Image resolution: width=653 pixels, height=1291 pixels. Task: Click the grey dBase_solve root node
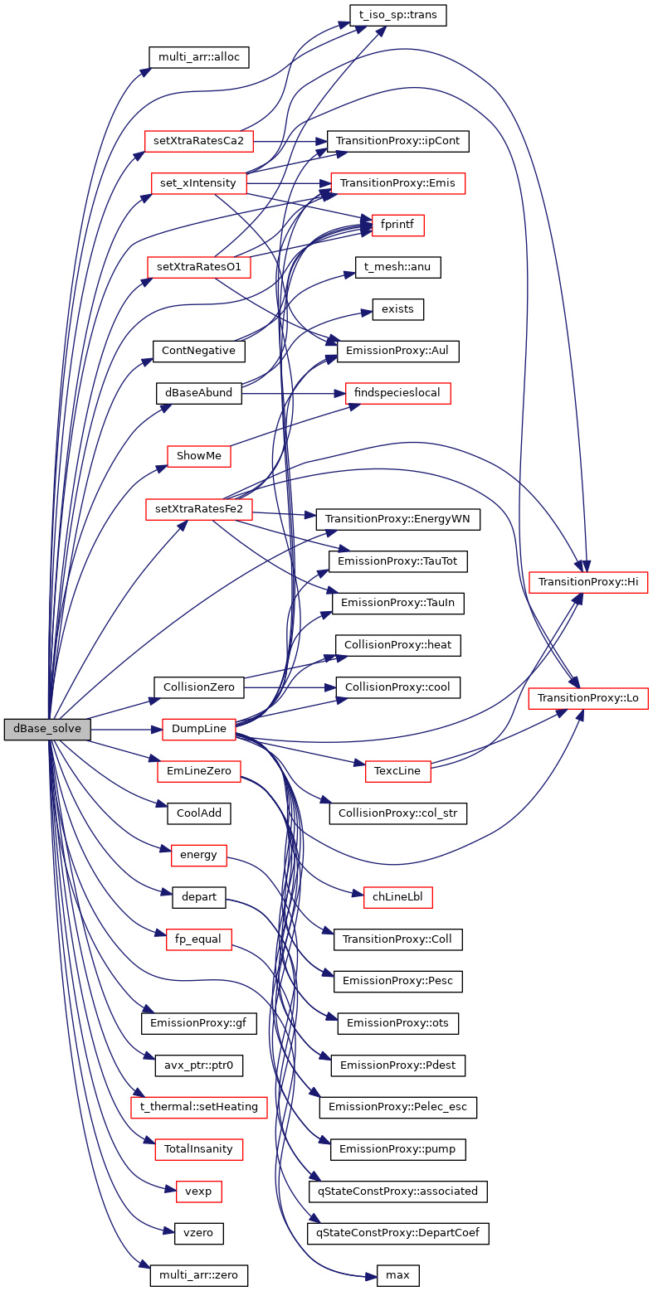[x=47, y=730]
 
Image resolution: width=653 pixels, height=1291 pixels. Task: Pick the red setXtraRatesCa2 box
[x=199, y=140]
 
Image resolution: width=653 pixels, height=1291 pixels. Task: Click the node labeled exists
[x=397, y=309]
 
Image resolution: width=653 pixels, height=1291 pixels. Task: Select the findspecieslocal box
[x=397, y=393]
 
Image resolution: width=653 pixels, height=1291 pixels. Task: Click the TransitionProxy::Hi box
[x=588, y=583]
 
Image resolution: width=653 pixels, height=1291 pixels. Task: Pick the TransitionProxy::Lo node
[x=588, y=698]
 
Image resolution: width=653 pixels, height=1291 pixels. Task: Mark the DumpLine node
[x=199, y=730]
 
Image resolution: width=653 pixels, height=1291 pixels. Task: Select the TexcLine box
[x=397, y=771]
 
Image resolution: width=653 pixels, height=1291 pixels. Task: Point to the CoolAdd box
[x=199, y=813]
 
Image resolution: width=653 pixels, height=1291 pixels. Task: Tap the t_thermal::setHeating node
[x=199, y=1107]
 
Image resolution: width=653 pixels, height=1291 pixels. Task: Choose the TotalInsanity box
[x=199, y=1149]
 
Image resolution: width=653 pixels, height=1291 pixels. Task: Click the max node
[x=397, y=1274]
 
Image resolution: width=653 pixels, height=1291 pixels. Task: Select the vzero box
[x=199, y=1233]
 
